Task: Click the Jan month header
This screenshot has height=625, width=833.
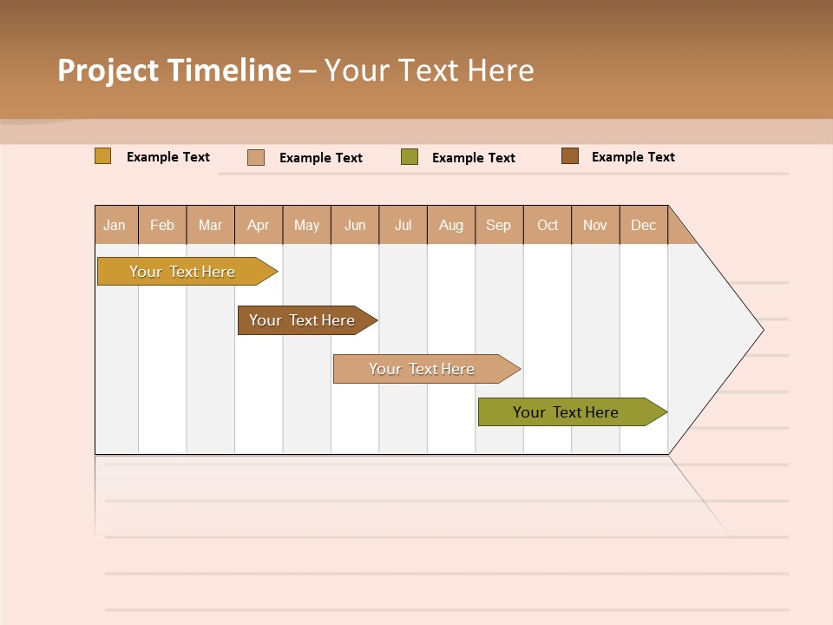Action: click(x=115, y=225)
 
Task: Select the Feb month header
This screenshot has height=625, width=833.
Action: click(x=162, y=225)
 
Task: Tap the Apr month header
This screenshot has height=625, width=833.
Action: click(x=259, y=225)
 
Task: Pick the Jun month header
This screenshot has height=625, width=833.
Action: click(x=355, y=225)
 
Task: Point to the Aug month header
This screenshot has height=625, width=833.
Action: click(x=451, y=225)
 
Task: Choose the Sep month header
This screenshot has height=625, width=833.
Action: click(x=499, y=225)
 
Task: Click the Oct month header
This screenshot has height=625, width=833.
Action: click(x=548, y=225)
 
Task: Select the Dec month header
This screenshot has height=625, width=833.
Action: click(x=644, y=225)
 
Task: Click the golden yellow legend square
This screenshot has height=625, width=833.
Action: click(x=103, y=156)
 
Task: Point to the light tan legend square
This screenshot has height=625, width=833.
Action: click(x=256, y=157)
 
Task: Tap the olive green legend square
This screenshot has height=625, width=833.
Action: click(x=410, y=157)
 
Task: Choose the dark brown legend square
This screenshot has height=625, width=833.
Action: click(x=570, y=156)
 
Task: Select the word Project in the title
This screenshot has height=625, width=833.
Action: click(x=108, y=70)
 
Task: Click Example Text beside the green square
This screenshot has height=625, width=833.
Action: click(x=474, y=158)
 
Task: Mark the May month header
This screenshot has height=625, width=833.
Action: click(x=306, y=225)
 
